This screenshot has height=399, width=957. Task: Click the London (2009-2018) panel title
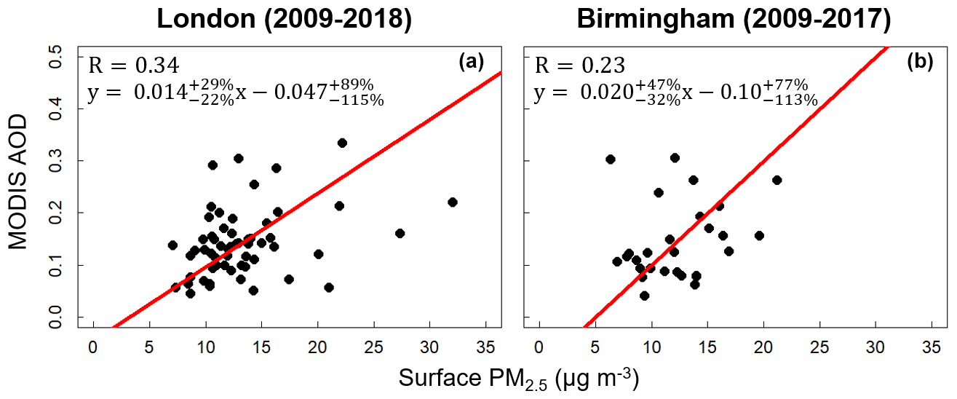[285, 20]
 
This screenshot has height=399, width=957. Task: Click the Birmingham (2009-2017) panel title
[734, 20]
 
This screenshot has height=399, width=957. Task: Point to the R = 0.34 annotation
[133, 66]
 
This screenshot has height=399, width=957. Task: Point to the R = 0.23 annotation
[579, 66]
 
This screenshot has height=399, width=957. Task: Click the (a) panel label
[471, 62]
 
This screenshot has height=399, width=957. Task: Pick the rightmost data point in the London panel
[452, 202]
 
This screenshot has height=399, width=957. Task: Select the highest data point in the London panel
[342, 143]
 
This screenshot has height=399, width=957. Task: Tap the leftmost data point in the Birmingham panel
[610, 159]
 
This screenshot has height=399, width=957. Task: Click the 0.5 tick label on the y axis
[63, 57]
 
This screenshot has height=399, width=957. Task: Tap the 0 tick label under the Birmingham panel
[539, 344]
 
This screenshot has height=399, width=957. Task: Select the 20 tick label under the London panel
[317, 344]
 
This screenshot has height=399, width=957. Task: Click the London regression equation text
[235, 92]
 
